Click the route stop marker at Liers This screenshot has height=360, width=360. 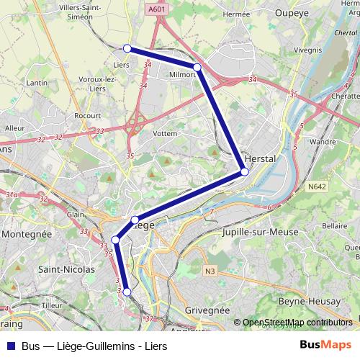[127, 48]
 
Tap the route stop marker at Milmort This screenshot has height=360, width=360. [197, 67]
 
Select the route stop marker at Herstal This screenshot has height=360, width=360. [244, 171]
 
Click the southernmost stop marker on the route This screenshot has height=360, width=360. [127, 292]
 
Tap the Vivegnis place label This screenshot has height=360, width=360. [307, 50]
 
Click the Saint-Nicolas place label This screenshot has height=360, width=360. [66, 269]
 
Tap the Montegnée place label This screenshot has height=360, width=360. [27, 234]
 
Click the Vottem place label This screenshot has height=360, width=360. [165, 133]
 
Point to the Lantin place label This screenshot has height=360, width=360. [37, 83]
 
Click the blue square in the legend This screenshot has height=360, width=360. [11, 346]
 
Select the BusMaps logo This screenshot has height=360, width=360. [325, 345]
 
